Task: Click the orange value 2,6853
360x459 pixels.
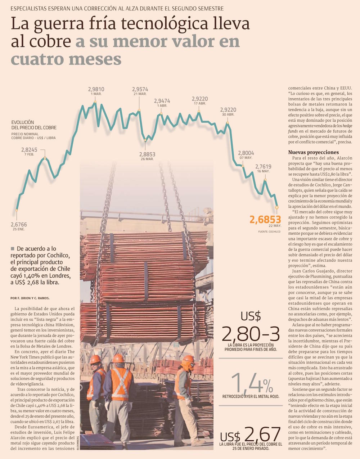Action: point(265,220)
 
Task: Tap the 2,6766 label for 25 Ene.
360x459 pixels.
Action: point(19,225)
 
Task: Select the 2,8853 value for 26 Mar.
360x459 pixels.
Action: point(147,154)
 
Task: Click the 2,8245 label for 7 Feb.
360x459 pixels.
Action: point(29,150)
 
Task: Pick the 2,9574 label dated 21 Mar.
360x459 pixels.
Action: point(140,89)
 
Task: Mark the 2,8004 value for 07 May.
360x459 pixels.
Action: point(246,153)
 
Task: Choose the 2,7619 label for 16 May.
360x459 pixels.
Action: point(263,167)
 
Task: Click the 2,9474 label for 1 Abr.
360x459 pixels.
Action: point(162,101)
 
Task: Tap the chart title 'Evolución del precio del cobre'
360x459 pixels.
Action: point(34,125)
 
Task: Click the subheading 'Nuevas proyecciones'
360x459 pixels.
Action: point(313,152)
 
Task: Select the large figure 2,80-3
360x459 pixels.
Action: point(251,334)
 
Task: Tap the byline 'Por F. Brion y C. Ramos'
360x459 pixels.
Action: point(30,298)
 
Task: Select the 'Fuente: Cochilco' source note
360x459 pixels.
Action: point(269,232)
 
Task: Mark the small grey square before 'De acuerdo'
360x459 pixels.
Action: point(13,248)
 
